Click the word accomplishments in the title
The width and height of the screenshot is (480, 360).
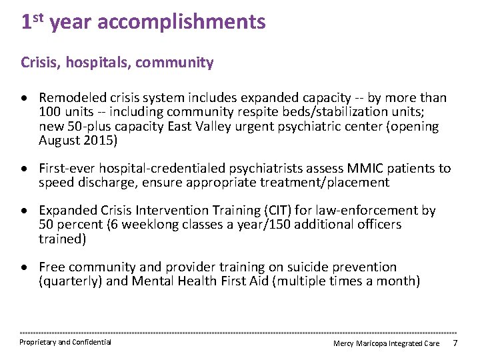point(181,23)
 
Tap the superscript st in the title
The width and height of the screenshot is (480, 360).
point(39,17)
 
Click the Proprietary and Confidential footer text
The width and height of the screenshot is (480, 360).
point(65,343)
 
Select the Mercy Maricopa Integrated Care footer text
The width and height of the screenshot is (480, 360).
point(387,343)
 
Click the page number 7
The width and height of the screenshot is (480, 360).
point(455,343)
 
